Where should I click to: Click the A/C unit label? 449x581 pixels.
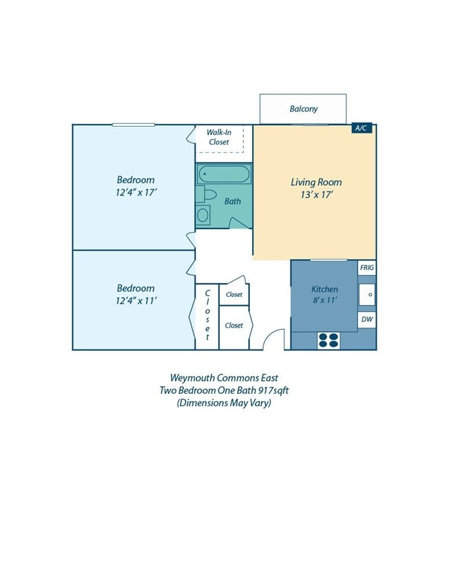click(363, 128)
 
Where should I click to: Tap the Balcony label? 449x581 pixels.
click(303, 109)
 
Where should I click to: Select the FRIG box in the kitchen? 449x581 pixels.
click(367, 268)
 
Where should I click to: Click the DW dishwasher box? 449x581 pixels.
click(367, 320)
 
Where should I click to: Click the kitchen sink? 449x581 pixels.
click(368, 295)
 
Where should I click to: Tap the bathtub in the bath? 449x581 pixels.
click(224, 173)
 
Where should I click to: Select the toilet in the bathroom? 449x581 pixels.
click(209, 194)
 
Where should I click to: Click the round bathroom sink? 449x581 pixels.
click(203, 215)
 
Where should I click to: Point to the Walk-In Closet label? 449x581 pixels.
click(219, 137)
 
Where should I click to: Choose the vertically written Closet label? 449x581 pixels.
click(207, 315)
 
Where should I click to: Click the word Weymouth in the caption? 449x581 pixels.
click(192, 377)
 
